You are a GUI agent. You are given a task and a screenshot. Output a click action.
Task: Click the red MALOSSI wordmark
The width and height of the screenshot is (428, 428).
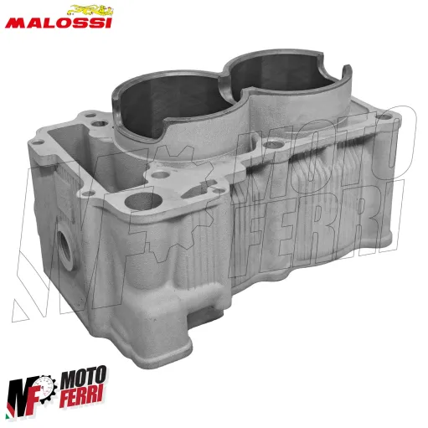59,23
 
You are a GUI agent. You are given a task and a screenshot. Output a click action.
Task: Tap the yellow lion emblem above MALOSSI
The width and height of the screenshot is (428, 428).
90,10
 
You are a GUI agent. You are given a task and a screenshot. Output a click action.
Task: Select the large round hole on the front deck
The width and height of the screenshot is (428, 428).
143,201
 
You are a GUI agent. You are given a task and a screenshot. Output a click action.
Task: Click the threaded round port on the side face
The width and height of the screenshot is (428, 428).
65,246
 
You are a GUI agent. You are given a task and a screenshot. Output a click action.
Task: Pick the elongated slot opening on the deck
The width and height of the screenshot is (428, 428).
199,189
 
